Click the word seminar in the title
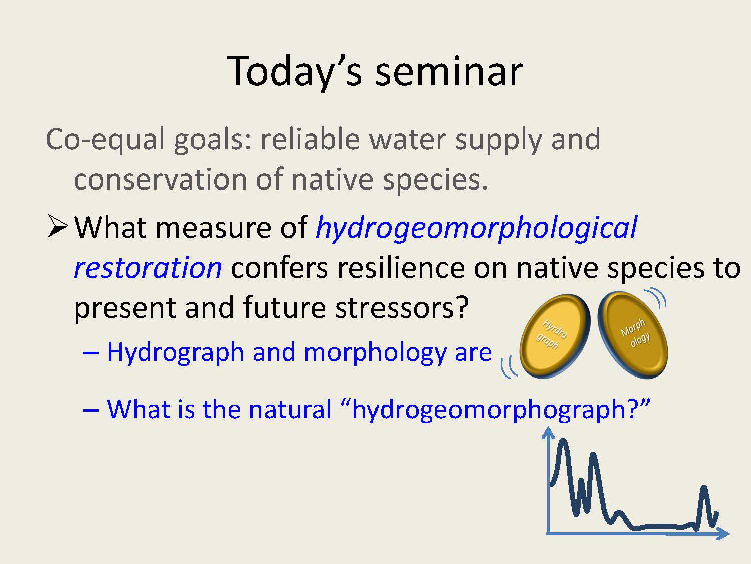pyautogui.click(x=449, y=72)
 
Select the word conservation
pyautogui.click(x=160, y=180)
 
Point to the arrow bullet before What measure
pyautogui.click(x=57, y=226)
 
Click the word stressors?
pyautogui.click(x=402, y=307)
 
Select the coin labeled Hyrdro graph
pyautogui.click(x=555, y=336)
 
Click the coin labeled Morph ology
pyautogui.click(x=633, y=334)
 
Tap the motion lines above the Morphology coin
pyautogui.click(x=656, y=297)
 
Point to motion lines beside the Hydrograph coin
pyautogui.click(x=508, y=367)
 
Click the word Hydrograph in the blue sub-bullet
pyautogui.click(x=175, y=353)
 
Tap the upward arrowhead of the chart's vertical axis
pyautogui.click(x=548, y=432)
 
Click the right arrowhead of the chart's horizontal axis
pyautogui.click(x=723, y=533)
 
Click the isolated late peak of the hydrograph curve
pyautogui.click(x=704, y=488)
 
